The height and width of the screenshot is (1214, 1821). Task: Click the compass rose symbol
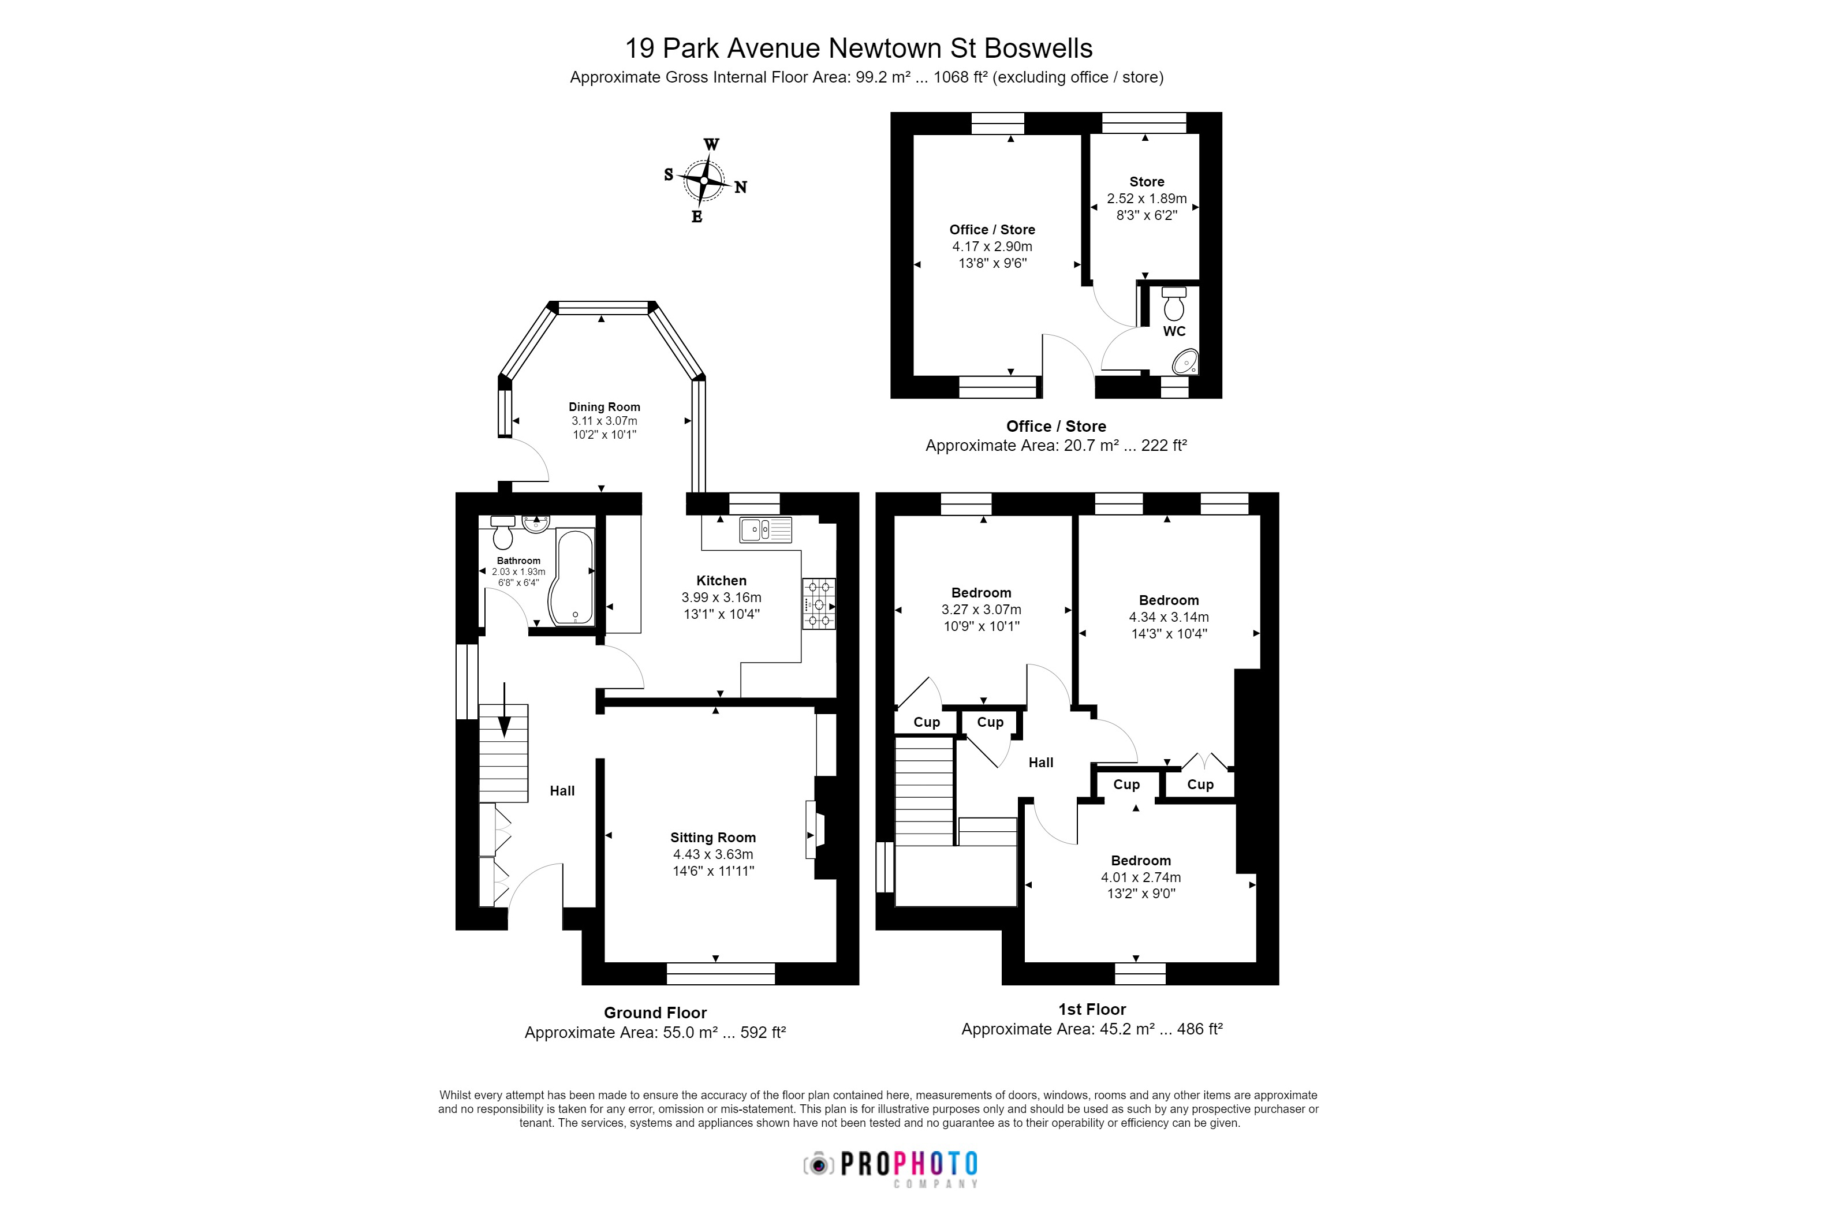[x=704, y=180]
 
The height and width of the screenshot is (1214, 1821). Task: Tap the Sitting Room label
[x=712, y=838]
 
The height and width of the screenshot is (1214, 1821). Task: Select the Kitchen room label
[x=721, y=581]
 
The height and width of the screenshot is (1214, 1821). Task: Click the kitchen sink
[x=765, y=529]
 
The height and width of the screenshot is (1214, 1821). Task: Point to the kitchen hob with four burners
[x=818, y=604]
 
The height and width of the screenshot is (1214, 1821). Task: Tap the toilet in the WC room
[x=1174, y=304]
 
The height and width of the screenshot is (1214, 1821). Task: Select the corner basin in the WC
[x=1185, y=361]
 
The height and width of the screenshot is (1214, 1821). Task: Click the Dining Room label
[x=604, y=407]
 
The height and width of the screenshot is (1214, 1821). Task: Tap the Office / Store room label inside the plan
[x=992, y=230]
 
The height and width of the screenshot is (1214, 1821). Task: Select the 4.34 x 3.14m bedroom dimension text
[x=1169, y=617]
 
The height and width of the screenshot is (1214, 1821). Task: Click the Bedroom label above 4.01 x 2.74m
[x=1140, y=861]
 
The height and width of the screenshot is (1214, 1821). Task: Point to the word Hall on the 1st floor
[x=1040, y=763]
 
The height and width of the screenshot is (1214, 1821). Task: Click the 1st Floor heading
[x=1092, y=1009]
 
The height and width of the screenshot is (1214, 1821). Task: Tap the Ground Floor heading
[x=655, y=1013]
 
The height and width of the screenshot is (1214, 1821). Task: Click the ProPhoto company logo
[x=891, y=1166]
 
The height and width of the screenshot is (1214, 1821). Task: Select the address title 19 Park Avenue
[x=858, y=48]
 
